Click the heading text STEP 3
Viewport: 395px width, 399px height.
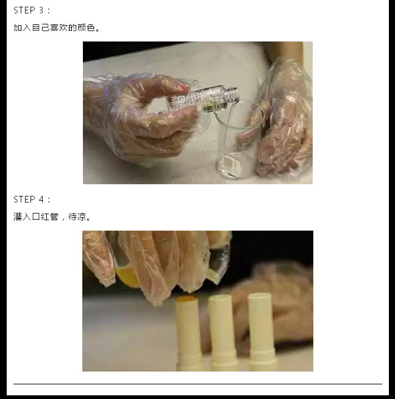coord(29,10)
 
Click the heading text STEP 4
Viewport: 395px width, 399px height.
coord(29,199)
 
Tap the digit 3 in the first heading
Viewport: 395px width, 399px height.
coord(41,10)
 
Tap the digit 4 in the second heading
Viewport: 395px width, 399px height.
coord(41,199)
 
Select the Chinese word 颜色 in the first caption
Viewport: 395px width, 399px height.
coord(86,27)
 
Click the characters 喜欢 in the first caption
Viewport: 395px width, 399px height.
coord(59,27)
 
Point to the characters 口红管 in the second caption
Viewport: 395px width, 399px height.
coord(45,217)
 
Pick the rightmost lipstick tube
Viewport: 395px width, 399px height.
coord(262,332)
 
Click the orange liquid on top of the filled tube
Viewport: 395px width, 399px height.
coord(187,299)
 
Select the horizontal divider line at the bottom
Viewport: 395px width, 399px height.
coord(197,384)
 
